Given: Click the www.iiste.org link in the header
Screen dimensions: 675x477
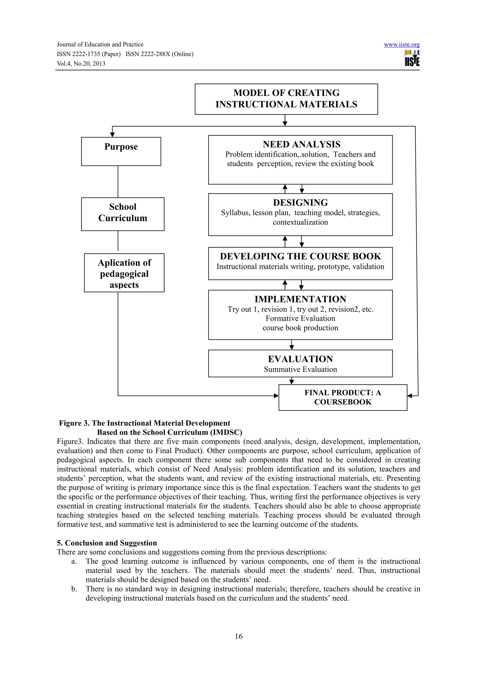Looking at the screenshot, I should [x=402, y=45].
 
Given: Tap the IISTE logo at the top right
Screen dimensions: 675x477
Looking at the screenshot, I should [x=412, y=58].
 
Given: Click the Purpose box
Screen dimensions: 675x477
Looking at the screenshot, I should [x=121, y=151].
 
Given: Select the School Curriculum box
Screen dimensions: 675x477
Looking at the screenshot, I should [x=123, y=214].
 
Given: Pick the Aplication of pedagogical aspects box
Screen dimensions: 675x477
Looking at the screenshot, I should [x=124, y=273].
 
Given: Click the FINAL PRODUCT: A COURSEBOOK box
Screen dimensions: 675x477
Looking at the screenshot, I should [x=342, y=397].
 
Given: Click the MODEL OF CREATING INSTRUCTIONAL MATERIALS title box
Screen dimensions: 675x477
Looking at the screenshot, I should [x=286, y=99].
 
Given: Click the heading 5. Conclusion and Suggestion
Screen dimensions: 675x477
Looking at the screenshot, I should [x=107, y=543].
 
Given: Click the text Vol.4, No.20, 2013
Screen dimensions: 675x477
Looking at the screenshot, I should [x=81, y=64].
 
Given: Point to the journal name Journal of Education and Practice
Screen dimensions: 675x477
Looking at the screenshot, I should [x=100, y=45].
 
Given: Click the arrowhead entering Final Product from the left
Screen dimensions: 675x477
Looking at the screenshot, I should [x=276, y=396].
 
